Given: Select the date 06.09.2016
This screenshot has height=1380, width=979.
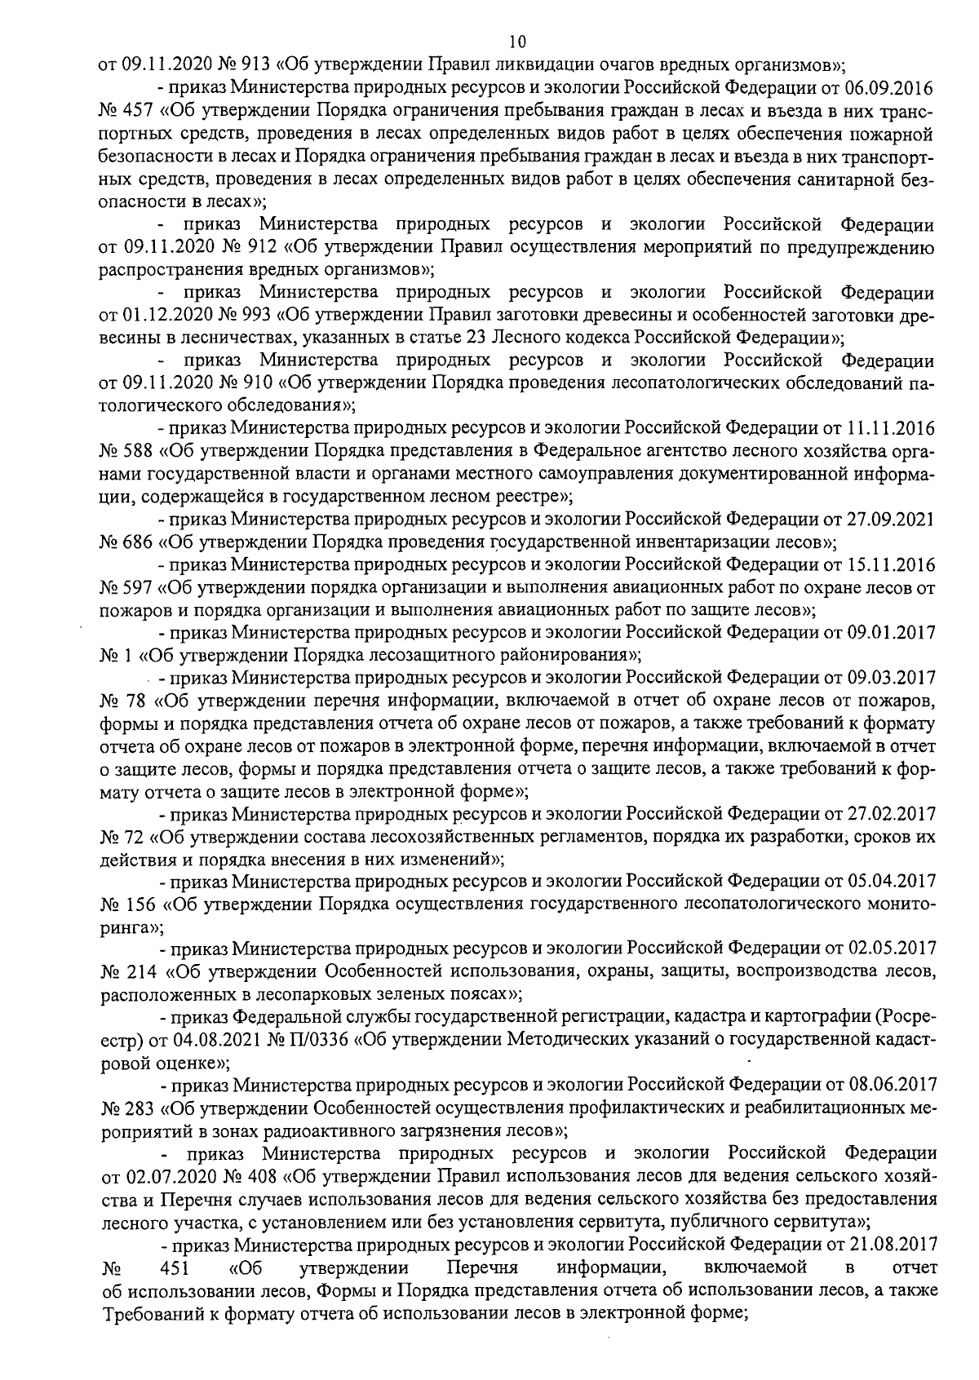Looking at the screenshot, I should point(893,87).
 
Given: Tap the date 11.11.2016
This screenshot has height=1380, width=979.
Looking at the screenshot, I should point(893,427).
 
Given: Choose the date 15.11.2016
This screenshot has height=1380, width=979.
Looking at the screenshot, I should point(893,564).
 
